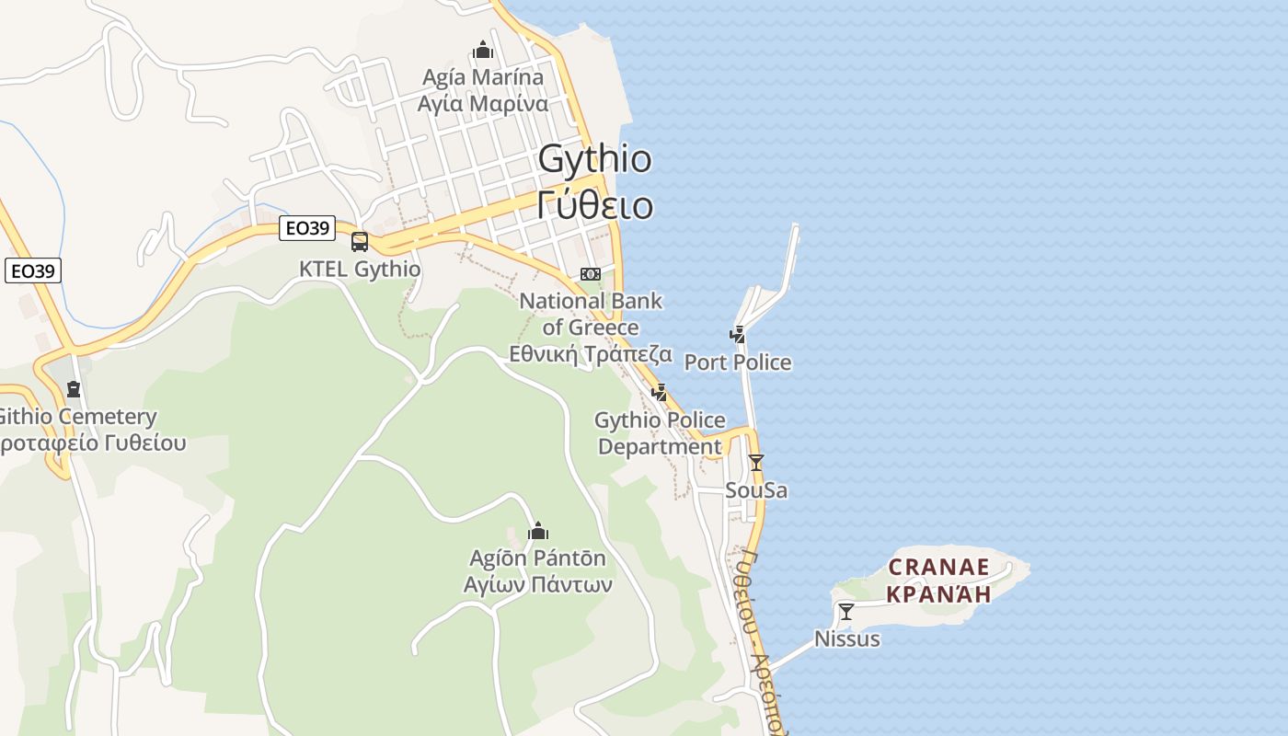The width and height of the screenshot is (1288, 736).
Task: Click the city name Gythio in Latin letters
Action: click(594, 159)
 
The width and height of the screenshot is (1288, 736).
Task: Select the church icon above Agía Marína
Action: click(483, 50)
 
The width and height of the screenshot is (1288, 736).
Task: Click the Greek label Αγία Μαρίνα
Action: click(483, 103)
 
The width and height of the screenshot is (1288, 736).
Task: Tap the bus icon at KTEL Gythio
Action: click(360, 242)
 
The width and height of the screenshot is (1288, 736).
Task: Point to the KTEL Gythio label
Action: click(360, 270)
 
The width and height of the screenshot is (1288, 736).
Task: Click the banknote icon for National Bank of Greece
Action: click(591, 274)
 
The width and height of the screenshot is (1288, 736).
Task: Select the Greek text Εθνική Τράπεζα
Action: click(591, 354)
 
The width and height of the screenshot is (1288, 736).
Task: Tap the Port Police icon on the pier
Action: click(737, 334)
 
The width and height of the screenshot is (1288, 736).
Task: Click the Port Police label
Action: click(737, 362)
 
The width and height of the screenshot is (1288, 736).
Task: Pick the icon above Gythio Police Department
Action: click(660, 393)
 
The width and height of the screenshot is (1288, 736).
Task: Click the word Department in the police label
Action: click(660, 447)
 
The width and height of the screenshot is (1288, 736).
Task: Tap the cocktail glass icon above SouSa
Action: click(756, 462)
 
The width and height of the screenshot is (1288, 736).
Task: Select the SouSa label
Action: click(756, 490)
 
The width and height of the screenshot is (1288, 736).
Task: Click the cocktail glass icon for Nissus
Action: click(846, 611)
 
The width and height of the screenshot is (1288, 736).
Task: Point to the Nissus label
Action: click(846, 638)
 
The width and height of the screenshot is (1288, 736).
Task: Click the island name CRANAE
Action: click(938, 566)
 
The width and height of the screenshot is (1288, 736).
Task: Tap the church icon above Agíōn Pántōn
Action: click(538, 531)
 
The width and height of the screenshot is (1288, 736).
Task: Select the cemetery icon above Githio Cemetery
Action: click(74, 389)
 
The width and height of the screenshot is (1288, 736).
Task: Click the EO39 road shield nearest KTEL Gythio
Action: click(307, 228)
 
